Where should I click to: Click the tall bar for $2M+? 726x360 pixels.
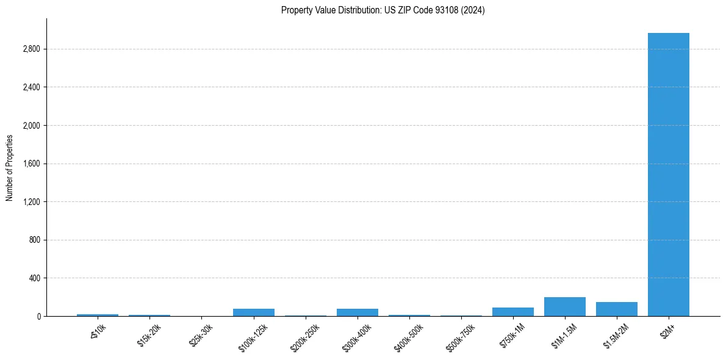click(x=668, y=175)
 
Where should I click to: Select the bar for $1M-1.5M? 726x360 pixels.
click(x=564, y=307)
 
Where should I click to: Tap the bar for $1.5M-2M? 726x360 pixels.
click(x=616, y=309)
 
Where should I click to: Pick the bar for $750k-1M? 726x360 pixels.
click(x=512, y=312)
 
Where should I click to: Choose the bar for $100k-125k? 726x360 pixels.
click(x=253, y=312)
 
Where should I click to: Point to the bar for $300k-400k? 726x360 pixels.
click(x=357, y=312)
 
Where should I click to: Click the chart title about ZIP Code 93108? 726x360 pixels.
click(x=383, y=10)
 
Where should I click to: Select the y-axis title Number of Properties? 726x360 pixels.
click(x=10, y=168)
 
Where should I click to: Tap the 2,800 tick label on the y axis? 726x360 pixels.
click(x=31, y=49)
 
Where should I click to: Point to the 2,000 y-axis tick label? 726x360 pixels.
click(x=31, y=126)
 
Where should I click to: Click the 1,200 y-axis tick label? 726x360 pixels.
click(x=31, y=202)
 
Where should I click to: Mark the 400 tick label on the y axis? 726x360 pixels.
click(x=34, y=278)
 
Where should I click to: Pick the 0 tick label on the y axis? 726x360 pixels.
click(x=38, y=316)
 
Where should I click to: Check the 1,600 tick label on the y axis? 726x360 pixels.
click(x=31, y=164)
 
